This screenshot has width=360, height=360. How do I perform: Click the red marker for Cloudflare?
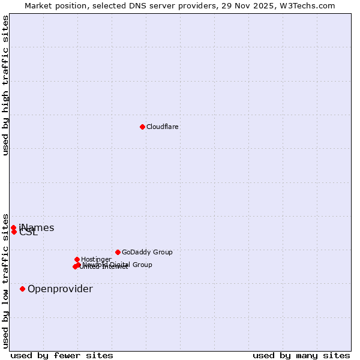tap(142, 127)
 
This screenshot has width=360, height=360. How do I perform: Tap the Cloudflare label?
tap(163, 127)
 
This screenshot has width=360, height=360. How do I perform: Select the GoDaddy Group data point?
tap(118, 252)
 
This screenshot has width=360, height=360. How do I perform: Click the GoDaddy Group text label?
tap(147, 252)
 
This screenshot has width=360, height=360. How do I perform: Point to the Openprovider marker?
tap(23, 289)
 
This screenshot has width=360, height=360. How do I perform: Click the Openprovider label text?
tap(60, 289)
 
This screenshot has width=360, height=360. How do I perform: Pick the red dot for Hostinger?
tap(77, 259)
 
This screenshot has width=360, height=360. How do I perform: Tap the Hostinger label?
tap(97, 259)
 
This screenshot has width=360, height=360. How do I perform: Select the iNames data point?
tap(13, 227)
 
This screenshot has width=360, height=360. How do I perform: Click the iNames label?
tap(37, 227)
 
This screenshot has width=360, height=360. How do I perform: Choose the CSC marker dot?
tap(14, 232)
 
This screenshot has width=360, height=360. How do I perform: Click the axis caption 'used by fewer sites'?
tap(62, 355)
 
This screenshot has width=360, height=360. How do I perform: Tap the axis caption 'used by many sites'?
tap(301, 355)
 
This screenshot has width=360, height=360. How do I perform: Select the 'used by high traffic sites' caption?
tap(5, 86)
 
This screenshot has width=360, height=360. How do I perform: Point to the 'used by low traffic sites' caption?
tap(5, 280)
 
